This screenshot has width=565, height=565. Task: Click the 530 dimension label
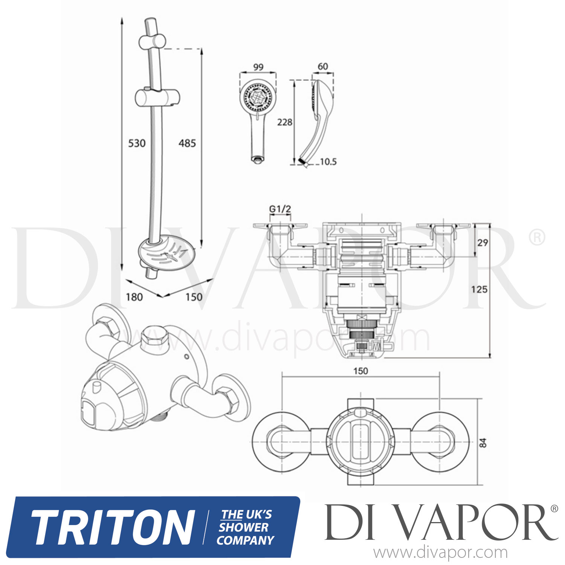click(x=137, y=144)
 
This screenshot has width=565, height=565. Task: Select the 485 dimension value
click(x=187, y=144)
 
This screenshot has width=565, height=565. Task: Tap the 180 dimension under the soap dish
click(x=134, y=297)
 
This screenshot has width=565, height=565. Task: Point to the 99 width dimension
click(x=258, y=67)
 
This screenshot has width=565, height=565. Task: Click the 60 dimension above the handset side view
click(x=323, y=67)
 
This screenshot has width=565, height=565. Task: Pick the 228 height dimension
click(x=284, y=122)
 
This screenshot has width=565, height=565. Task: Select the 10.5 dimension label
click(x=328, y=162)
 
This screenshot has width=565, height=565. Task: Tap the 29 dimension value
click(x=483, y=243)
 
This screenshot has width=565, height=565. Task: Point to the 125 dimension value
click(x=479, y=290)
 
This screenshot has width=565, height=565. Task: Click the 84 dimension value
click(x=483, y=443)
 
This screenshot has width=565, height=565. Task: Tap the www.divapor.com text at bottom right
click(x=440, y=553)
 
